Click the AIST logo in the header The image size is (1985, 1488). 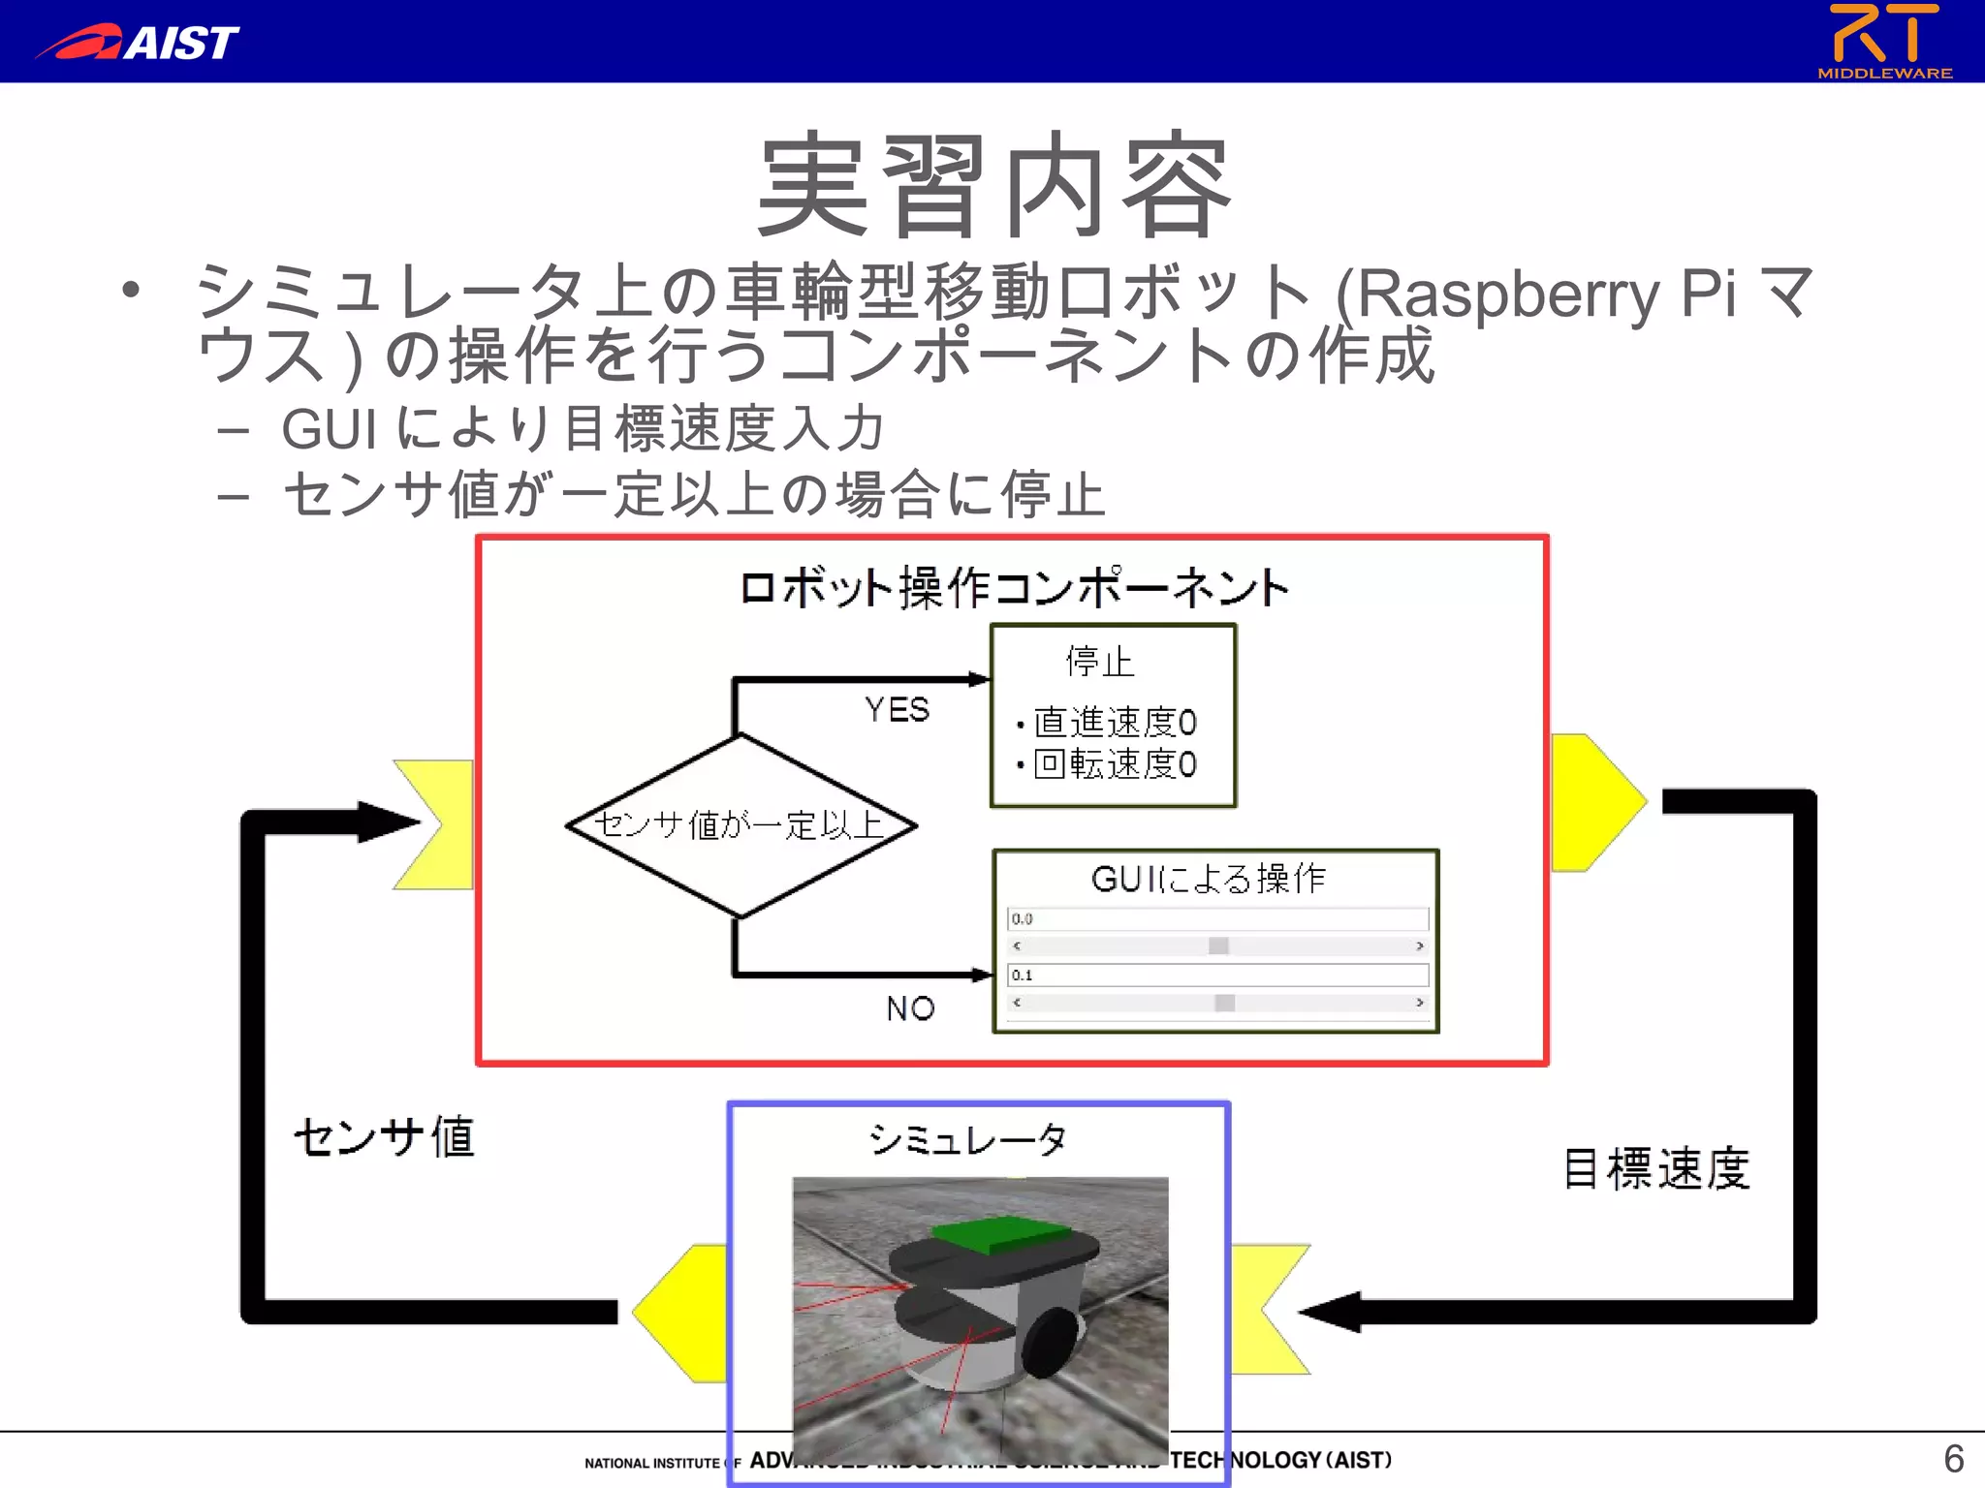click(x=139, y=43)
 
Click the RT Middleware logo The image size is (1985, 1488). click(x=1883, y=41)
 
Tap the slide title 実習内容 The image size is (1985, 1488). click(x=994, y=186)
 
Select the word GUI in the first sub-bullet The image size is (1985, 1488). click(x=329, y=429)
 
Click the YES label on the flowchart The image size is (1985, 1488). click(x=897, y=709)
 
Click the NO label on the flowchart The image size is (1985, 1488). click(x=910, y=1008)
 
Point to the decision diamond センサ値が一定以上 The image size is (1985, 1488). click(x=740, y=825)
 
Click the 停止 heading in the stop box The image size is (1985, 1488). click(x=1099, y=662)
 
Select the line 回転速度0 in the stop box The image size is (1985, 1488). click(x=1115, y=764)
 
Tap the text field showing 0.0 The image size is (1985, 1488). click(x=1217, y=918)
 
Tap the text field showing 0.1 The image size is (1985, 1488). click(x=1217, y=975)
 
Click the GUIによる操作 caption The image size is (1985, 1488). click(x=1209, y=879)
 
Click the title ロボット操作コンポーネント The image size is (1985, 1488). click(x=1014, y=588)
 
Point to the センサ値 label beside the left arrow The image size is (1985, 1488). click(x=385, y=1137)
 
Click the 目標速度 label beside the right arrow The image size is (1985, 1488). click(x=1656, y=1168)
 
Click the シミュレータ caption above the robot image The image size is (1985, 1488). click(x=967, y=1139)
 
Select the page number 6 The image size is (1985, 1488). click(x=1953, y=1458)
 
